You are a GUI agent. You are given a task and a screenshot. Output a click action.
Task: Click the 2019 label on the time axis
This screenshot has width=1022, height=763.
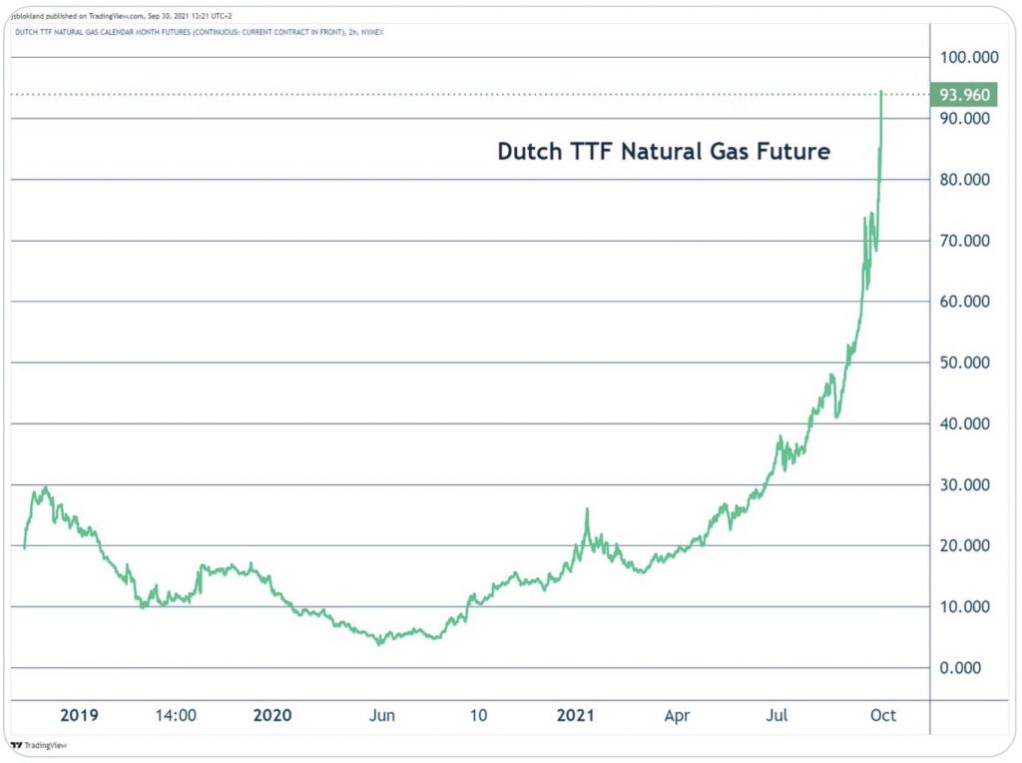tap(80, 715)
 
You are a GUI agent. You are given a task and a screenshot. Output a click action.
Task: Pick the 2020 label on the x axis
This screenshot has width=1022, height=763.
tap(272, 715)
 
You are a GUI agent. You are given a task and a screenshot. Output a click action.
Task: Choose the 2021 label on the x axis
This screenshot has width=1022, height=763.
tap(576, 715)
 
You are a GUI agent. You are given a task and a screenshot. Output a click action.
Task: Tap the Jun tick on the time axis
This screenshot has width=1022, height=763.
tap(381, 715)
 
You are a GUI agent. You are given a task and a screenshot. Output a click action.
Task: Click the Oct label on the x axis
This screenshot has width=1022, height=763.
tap(882, 715)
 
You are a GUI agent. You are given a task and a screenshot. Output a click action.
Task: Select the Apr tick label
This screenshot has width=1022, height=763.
tap(678, 715)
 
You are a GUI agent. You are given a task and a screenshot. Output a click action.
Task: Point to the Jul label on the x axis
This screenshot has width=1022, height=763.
tap(778, 715)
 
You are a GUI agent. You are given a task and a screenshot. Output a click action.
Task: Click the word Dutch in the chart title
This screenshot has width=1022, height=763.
tap(525, 153)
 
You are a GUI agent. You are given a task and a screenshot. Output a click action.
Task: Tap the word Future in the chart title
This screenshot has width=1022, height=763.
tap(793, 153)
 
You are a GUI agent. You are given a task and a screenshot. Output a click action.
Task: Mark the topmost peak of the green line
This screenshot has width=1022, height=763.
tap(881, 92)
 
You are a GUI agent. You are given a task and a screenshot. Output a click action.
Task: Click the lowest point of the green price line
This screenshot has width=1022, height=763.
tap(379, 644)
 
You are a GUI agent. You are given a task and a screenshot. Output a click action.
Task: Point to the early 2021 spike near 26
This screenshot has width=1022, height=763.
tap(587, 509)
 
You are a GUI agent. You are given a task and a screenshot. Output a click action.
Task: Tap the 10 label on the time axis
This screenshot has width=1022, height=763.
tap(478, 715)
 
